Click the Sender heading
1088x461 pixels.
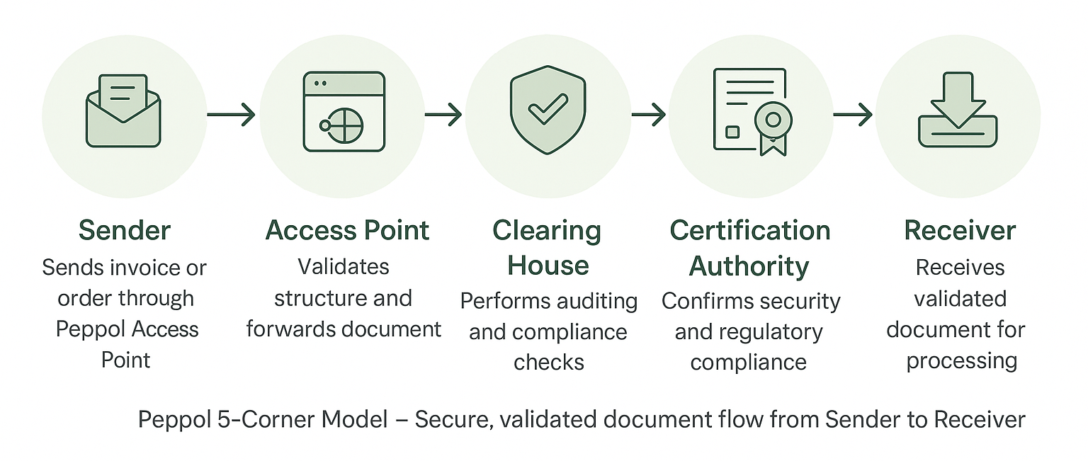click(125, 231)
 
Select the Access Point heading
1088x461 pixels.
click(347, 231)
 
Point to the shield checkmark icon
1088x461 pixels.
click(548, 110)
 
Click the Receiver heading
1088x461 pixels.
click(960, 231)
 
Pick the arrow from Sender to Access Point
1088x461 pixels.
click(231, 115)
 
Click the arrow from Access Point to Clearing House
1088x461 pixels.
click(443, 115)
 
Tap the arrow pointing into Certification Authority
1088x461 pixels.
click(648, 115)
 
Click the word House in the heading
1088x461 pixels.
click(548, 266)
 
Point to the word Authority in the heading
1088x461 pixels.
click(749, 266)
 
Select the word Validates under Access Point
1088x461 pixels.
click(344, 267)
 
